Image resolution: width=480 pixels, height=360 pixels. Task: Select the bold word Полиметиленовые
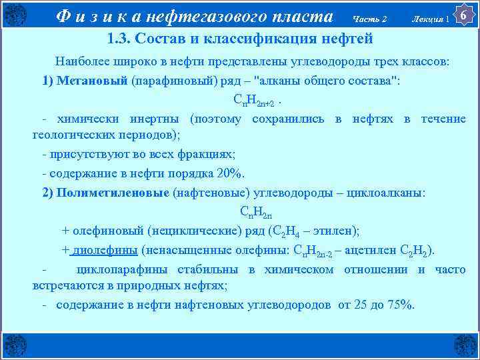tap(114, 193)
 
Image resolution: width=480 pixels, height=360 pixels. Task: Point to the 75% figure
tap(398, 305)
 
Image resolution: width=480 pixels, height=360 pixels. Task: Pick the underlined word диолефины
tap(105, 250)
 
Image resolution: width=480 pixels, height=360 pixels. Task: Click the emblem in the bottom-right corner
tap(465, 345)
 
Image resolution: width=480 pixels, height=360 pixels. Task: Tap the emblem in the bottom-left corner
tap(14, 345)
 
